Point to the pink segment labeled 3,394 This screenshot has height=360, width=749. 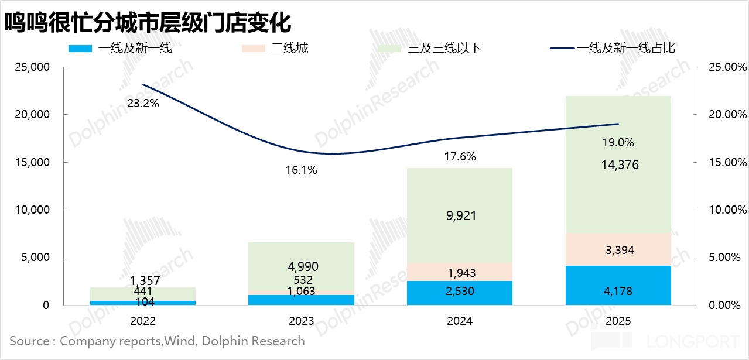pos(618,250)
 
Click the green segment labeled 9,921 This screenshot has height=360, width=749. pos(459,215)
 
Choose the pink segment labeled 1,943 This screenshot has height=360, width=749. pos(459,272)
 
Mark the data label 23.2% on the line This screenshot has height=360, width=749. pos(143,104)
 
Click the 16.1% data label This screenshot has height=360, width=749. pos(301,170)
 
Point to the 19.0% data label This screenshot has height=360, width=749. pos(618,142)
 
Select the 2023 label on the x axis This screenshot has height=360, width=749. pos(301,321)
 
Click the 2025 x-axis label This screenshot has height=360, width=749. pos(618,321)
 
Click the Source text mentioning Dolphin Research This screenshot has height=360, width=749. pos(157,341)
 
